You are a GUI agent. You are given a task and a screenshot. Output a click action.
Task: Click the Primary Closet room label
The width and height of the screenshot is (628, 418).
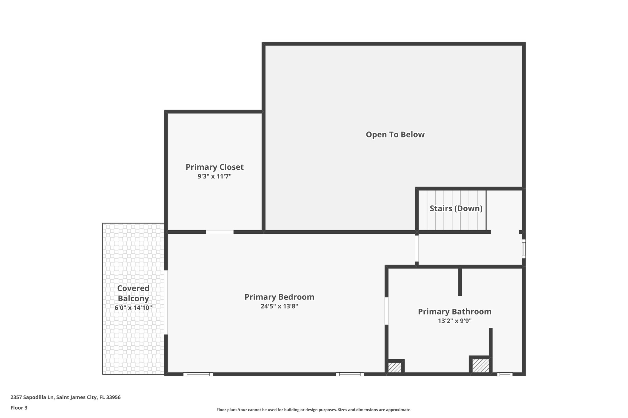point(214,167)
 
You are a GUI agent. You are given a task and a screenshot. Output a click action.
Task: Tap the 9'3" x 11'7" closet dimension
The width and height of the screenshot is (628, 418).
point(214,177)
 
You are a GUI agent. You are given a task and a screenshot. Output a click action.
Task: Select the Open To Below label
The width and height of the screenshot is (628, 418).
point(395,135)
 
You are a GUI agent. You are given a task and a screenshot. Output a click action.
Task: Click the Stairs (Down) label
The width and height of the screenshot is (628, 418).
point(456,209)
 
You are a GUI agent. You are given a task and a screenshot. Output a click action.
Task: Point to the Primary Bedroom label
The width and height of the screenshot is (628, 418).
point(279,297)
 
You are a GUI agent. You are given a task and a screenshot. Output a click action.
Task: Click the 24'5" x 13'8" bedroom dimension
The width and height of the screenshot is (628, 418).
point(279,307)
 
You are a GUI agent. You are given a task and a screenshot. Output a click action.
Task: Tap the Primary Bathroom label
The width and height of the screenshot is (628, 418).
point(454,312)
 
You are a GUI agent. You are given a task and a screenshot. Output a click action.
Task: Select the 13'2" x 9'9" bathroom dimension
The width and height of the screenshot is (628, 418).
point(454,321)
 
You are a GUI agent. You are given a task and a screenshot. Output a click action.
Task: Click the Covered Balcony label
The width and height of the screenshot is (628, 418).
point(133,293)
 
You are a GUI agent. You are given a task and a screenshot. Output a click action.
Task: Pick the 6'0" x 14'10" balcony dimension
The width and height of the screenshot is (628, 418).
point(133,308)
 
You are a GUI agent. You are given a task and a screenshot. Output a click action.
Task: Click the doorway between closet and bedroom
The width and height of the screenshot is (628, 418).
point(220,232)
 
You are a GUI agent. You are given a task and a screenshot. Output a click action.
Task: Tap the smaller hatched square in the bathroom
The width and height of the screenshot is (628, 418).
point(395,367)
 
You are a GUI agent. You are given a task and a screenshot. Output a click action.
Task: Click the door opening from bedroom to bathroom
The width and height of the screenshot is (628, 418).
point(386,311)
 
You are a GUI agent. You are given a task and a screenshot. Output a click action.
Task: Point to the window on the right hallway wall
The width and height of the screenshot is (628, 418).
point(524,249)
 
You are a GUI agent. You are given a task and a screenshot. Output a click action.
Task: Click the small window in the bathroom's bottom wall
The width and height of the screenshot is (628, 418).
point(504,374)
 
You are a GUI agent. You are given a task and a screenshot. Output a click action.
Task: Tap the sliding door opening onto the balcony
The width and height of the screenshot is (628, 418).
point(166,302)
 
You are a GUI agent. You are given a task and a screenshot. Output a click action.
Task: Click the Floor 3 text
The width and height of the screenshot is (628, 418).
point(19,408)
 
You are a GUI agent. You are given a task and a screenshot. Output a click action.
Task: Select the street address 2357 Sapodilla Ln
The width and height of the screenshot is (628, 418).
point(65,397)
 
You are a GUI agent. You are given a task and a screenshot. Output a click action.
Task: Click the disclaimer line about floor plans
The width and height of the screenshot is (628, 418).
point(314,410)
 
